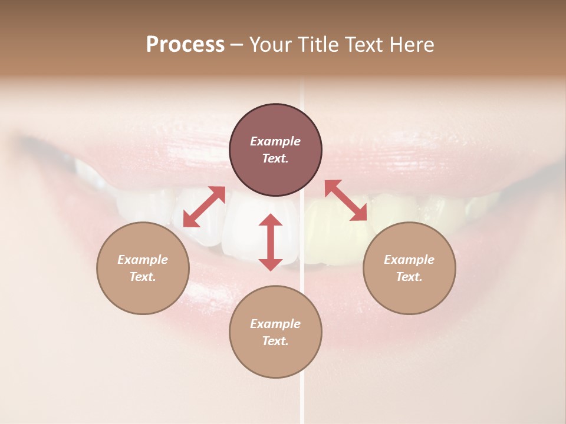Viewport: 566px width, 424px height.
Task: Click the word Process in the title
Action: [x=185, y=45]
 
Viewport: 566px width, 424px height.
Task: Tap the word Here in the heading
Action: [x=411, y=45]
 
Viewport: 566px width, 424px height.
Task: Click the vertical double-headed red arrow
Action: [x=271, y=242]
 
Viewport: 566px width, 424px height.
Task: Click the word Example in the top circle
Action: [x=275, y=141]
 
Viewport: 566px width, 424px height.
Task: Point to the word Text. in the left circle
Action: [x=143, y=277]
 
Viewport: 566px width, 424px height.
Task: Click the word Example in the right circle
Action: [x=409, y=260]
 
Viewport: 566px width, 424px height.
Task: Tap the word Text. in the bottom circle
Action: [x=275, y=341]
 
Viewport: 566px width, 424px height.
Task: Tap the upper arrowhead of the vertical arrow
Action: [x=271, y=220]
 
